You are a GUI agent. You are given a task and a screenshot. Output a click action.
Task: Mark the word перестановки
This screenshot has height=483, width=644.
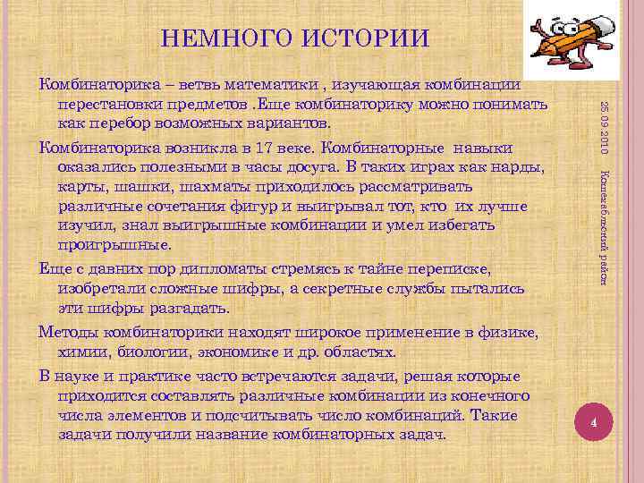108,104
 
